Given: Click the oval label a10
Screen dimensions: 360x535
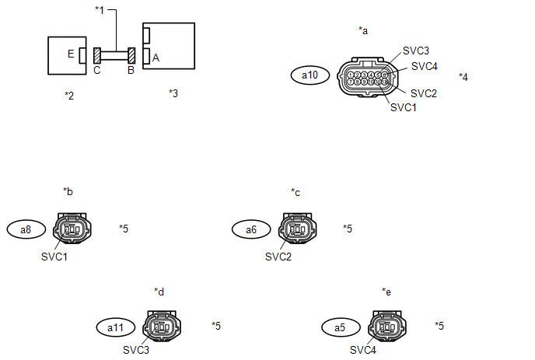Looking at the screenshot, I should [x=309, y=75].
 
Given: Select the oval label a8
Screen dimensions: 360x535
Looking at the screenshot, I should [x=26, y=229].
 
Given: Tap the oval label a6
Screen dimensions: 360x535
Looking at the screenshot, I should [x=251, y=229].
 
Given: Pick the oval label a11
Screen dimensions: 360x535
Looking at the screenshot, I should [x=115, y=327].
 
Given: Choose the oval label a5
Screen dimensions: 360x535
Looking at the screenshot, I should [x=339, y=327].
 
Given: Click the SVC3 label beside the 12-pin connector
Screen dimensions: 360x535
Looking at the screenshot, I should [x=417, y=51].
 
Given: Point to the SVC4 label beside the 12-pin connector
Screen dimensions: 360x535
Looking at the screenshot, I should [x=425, y=66].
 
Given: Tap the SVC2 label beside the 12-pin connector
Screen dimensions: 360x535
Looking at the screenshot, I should [x=424, y=93].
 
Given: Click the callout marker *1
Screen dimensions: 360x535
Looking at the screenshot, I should [x=99, y=10].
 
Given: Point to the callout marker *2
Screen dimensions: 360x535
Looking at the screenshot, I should [x=69, y=95].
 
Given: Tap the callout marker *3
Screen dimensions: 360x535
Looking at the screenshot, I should [x=173, y=93].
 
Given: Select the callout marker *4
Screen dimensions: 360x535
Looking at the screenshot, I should [x=463, y=77].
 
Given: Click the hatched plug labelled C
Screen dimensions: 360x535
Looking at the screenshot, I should [x=97, y=56].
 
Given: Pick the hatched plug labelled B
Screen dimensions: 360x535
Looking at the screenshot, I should [x=132, y=56].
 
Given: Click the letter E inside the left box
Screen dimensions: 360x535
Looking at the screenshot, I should [x=71, y=54].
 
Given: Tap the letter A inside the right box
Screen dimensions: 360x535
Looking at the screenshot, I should [x=156, y=57].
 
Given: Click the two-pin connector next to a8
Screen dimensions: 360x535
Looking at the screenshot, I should [x=71, y=229].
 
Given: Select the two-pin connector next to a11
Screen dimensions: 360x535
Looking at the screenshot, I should [x=162, y=327].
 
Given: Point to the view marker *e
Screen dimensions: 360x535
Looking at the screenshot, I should [x=386, y=292].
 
